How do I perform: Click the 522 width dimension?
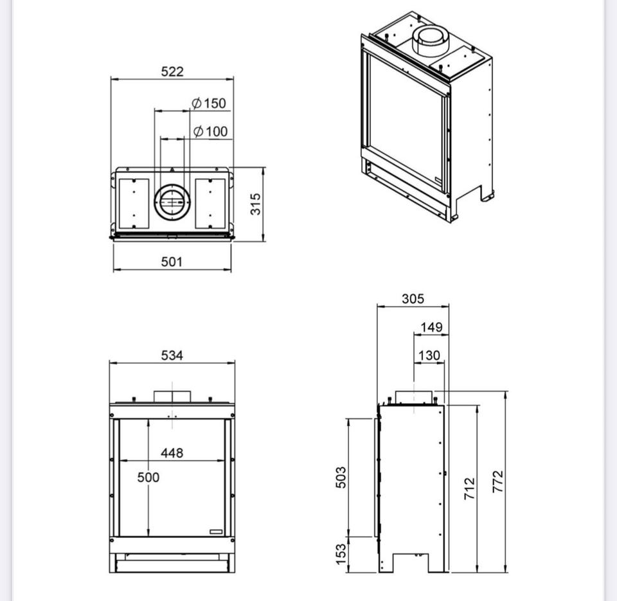(172, 71)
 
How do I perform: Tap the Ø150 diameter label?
(208, 103)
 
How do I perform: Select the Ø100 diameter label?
(210, 131)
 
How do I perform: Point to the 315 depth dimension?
(255, 204)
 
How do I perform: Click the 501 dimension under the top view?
(172, 262)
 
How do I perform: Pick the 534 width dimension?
(172, 355)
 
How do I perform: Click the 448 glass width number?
(172, 453)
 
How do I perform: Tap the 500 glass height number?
(148, 478)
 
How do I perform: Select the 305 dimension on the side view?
(413, 299)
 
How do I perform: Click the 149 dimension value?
(431, 327)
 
